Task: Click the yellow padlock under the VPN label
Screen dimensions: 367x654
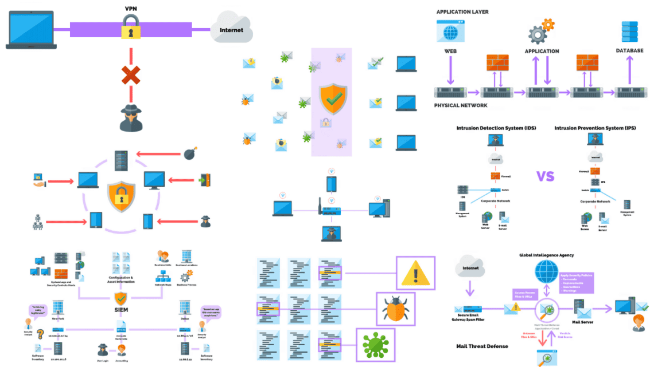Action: coord(131,27)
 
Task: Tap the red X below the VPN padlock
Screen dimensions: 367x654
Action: coord(131,75)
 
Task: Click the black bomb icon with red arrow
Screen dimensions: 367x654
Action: coord(190,153)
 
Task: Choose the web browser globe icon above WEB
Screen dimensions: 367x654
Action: coord(450,30)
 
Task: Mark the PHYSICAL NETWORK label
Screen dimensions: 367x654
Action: coord(461,105)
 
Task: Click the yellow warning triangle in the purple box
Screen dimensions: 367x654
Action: coord(416,274)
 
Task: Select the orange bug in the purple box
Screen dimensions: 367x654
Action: coord(395,310)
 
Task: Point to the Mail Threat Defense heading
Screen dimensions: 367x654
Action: coord(482,346)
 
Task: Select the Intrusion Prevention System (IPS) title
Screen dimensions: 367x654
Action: coord(595,128)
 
